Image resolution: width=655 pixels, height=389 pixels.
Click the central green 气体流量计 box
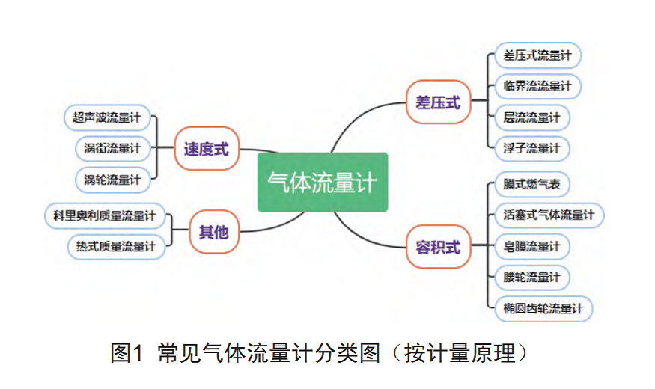coord(323,182)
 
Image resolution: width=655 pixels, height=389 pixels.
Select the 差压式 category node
coord(438,102)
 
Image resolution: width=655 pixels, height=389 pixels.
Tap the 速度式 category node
coord(206,149)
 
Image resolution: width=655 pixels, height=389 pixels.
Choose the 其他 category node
coord(213,232)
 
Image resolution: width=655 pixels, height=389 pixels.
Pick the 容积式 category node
coord(438,246)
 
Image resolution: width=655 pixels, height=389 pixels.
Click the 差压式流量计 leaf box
coord(537,55)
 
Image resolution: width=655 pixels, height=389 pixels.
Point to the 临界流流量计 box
coord(537,86)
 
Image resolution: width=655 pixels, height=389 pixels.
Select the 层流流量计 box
coord(531,117)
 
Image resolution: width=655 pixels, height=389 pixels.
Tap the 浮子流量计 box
coord(531,148)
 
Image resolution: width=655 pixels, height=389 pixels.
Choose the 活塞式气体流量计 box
coord(549,215)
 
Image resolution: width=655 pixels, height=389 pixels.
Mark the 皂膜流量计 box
coord(531,246)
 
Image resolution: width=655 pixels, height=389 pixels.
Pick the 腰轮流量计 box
coord(531,278)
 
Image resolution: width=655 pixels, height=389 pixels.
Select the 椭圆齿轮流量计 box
coord(543,308)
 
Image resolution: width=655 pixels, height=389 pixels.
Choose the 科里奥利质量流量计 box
coord(104,215)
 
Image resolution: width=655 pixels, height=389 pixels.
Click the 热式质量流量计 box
coord(115,245)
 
